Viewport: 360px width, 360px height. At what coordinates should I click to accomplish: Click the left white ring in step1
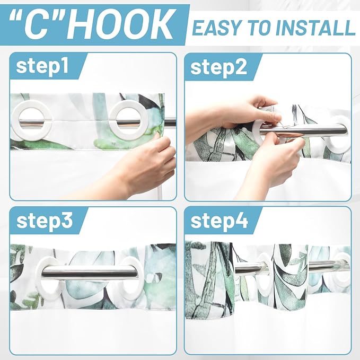tap(28, 121)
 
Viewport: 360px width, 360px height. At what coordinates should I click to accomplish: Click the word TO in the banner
tap(263, 27)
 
